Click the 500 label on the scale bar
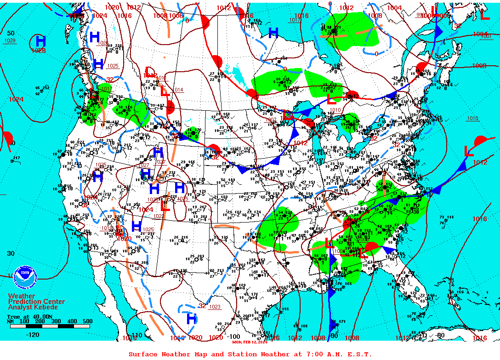(x=87, y=321)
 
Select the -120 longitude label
(x=32, y=335)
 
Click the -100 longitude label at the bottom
(x=234, y=337)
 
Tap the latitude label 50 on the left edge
(x=11, y=33)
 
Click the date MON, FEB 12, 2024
(x=250, y=342)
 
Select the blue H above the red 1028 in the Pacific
(x=40, y=40)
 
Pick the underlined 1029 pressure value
(x=10, y=41)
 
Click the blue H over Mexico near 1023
(x=192, y=318)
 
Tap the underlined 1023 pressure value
(x=215, y=307)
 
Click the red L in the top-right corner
(x=484, y=15)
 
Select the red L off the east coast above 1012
(x=469, y=151)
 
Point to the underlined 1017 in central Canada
(x=295, y=20)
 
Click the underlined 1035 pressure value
(x=101, y=165)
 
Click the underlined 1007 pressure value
(x=271, y=120)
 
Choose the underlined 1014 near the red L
(x=178, y=90)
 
